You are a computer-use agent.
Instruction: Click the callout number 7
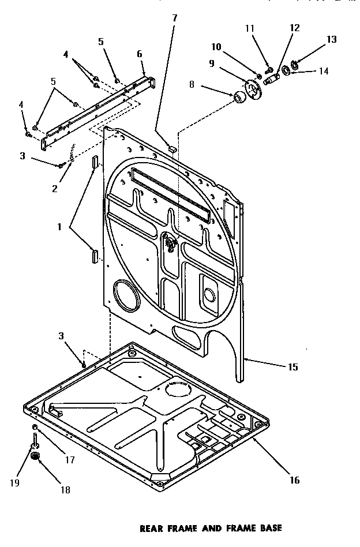[x=175, y=18]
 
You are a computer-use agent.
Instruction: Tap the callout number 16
[x=294, y=480]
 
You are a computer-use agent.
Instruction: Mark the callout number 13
[x=331, y=39]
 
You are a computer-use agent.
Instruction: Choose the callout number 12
[x=295, y=27]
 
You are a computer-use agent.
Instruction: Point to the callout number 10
[x=216, y=46]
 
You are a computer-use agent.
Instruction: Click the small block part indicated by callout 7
[x=171, y=148]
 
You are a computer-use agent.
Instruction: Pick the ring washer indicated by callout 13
[x=295, y=63]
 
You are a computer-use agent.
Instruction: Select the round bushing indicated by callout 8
[x=238, y=98]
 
